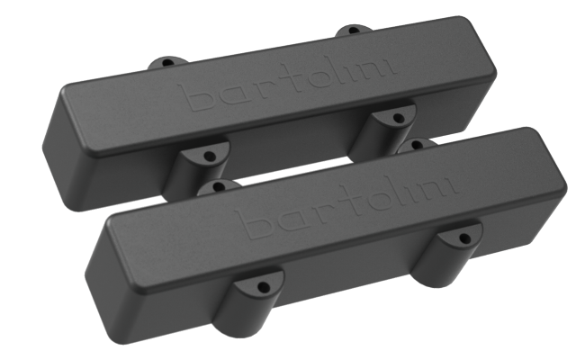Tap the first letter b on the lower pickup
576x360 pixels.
click(x=245, y=220)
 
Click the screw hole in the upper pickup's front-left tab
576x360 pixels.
click(x=210, y=156)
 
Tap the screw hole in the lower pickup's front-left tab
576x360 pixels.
click(x=263, y=287)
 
